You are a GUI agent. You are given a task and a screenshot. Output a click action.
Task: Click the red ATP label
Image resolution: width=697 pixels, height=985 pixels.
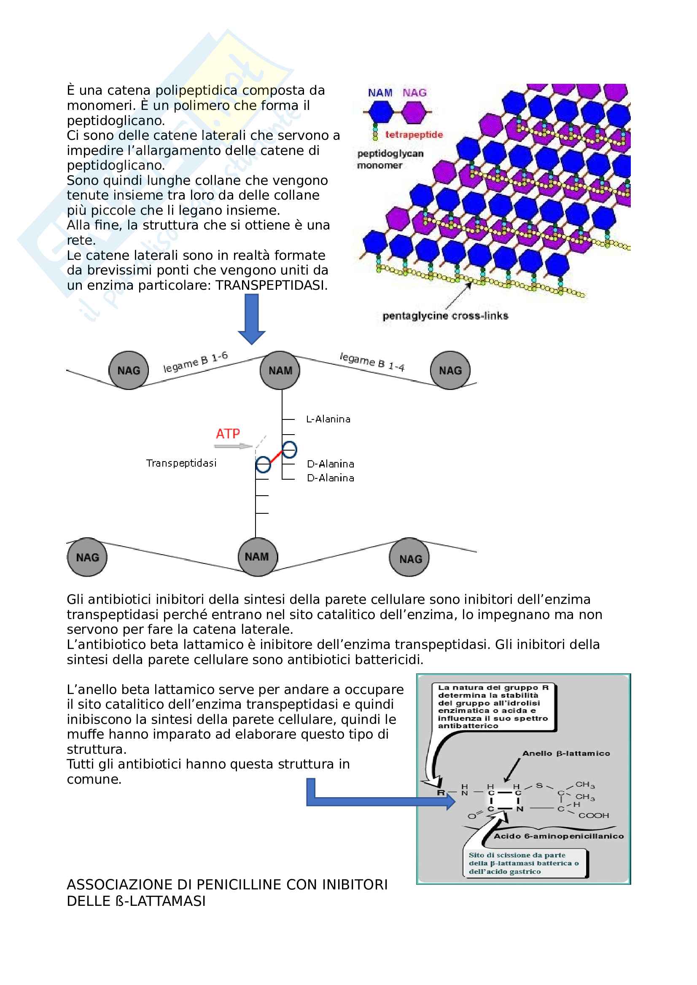click(x=228, y=434)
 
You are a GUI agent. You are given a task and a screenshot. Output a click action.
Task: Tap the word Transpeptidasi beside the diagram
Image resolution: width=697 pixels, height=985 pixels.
click(x=181, y=463)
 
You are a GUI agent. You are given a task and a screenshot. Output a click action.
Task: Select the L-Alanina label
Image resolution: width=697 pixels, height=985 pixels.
click(x=328, y=419)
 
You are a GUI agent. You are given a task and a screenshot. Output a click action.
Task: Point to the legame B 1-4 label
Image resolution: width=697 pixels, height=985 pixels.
click(x=372, y=361)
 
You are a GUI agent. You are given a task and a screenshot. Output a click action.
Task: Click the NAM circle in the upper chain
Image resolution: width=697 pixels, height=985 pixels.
click(x=280, y=371)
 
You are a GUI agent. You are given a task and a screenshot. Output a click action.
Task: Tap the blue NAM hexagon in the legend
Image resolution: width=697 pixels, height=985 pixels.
click(x=380, y=112)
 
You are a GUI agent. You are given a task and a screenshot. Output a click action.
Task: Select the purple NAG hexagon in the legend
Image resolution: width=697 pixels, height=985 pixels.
click(x=414, y=112)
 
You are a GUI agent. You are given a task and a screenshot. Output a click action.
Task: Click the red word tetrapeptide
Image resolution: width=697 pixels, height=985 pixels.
click(x=414, y=135)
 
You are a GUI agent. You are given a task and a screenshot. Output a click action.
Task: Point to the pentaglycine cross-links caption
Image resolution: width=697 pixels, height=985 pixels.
click(x=445, y=316)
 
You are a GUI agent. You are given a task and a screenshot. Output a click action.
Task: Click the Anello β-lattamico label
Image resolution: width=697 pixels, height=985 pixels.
click(x=565, y=754)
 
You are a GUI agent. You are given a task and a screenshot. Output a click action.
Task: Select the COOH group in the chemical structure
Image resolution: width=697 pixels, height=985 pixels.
click(x=594, y=816)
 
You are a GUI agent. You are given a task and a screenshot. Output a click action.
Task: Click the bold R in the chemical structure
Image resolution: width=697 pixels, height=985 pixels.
click(x=441, y=793)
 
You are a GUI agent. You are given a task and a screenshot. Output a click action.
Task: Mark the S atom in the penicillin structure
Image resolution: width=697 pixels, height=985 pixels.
click(x=539, y=785)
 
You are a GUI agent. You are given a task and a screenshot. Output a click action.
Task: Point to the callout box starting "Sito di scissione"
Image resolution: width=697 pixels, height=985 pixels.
click(x=524, y=863)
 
